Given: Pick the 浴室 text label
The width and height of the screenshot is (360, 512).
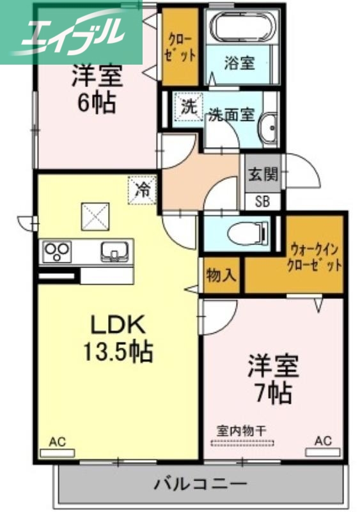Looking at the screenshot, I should point(239,63).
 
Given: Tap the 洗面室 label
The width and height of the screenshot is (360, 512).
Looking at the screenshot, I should point(231,115).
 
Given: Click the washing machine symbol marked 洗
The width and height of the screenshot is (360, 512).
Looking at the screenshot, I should point(188,108).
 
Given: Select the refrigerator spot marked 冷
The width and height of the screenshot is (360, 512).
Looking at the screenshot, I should point(143,189).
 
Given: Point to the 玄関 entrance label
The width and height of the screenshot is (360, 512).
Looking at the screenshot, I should point(263,173).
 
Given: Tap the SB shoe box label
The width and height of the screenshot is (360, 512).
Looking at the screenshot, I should point(263,202).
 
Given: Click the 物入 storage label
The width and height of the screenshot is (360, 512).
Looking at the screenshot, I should point(221,276).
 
